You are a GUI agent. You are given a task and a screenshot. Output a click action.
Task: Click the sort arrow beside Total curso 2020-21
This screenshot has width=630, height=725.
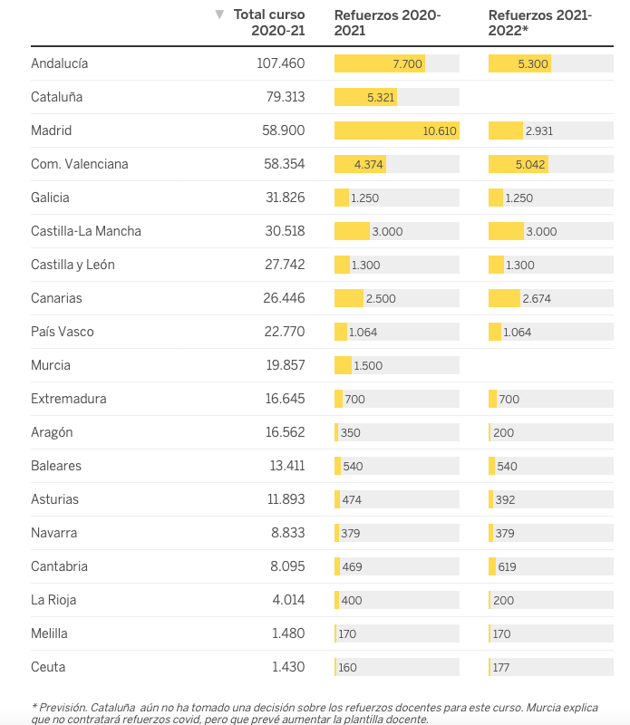(219, 14)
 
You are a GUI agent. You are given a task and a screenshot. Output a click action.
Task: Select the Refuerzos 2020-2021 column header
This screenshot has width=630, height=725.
(387, 22)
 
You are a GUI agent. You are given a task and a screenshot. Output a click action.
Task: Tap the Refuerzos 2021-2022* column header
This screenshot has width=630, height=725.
(539, 22)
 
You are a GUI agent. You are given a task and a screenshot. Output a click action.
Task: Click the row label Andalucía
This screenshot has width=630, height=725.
(59, 63)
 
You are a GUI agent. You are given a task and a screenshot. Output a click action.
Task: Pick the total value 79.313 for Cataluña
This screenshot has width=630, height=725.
(280, 97)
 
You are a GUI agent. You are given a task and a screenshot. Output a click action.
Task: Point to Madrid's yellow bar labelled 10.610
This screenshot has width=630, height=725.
(396, 130)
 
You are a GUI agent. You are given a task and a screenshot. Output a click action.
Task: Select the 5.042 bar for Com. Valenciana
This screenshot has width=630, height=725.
(519, 164)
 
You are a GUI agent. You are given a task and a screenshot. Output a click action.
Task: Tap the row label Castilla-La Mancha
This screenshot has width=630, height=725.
(86, 231)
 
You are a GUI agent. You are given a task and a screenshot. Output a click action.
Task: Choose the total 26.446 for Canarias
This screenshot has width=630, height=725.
(280, 298)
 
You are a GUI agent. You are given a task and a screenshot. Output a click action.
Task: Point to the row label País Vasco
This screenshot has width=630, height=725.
(63, 332)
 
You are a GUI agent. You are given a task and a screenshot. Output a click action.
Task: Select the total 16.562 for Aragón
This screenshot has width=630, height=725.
(280, 432)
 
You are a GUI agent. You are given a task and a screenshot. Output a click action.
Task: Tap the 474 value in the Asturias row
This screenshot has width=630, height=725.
(352, 499)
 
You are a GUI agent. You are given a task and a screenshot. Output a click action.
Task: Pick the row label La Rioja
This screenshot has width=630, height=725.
(54, 600)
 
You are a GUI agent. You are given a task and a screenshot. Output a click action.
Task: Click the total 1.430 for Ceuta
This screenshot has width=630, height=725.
(287, 667)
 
